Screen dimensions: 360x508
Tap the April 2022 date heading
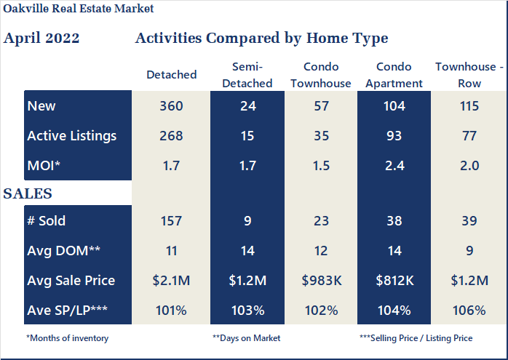pyautogui.click(x=41, y=39)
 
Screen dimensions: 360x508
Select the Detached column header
pyautogui.click(x=172, y=75)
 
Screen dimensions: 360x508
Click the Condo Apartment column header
pyautogui.click(x=394, y=75)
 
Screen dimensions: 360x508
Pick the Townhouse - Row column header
pyautogui.click(x=469, y=75)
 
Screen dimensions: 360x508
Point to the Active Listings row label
pyautogui.click(x=72, y=136)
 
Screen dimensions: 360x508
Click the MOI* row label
pyautogui.click(x=44, y=166)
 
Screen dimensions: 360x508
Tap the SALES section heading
pyautogui.click(x=28, y=193)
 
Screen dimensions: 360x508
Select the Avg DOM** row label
pyautogui.click(x=64, y=251)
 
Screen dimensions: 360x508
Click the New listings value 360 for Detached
pyautogui.click(x=172, y=106)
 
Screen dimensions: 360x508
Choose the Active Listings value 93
pyautogui.click(x=394, y=136)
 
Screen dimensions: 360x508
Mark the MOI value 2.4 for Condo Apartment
pyautogui.click(x=394, y=166)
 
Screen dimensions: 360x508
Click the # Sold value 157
pyautogui.click(x=172, y=221)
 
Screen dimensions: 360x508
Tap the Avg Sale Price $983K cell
pyautogui.click(x=320, y=280)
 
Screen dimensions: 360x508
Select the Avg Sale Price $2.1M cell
pyautogui.click(x=172, y=280)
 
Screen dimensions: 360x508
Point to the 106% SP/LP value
pyautogui.click(x=469, y=310)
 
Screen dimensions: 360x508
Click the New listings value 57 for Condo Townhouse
pyautogui.click(x=320, y=106)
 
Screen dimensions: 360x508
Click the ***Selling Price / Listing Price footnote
pyautogui.click(x=416, y=338)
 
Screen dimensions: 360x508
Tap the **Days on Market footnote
pyautogui.click(x=247, y=338)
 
